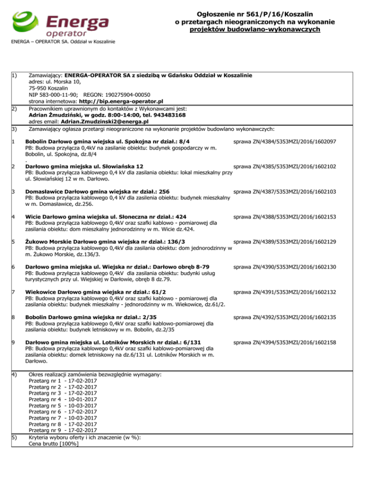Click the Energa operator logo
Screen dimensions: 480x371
click(x=60, y=24)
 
